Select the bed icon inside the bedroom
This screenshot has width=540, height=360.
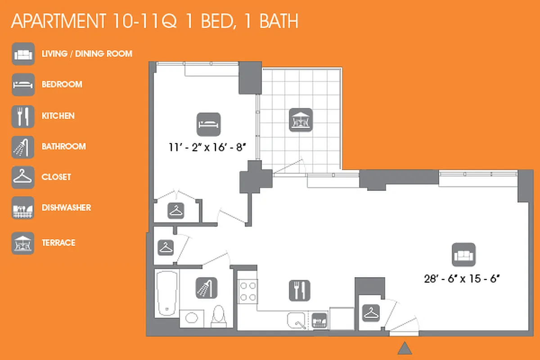click(209, 124)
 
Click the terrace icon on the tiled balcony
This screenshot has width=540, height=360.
click(301, 120)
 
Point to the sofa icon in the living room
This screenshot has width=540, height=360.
click(463, 255)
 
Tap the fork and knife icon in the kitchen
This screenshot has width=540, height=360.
click(300, 290)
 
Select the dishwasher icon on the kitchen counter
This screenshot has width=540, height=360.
click(319, 320)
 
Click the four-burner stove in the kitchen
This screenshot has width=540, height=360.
click(247, 291)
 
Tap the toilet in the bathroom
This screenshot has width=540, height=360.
click(218, 315)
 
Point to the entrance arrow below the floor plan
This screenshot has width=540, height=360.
click(405, 348)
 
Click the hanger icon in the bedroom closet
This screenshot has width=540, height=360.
click(176, 210)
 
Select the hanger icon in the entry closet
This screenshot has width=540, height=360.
click(371, 313)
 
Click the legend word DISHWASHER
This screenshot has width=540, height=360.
click(66, 207)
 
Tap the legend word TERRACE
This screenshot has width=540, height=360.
click(58, 243)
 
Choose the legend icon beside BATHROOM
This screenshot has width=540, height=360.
click(23, 147)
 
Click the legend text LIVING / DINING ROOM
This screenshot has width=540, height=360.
click(87, 54)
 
